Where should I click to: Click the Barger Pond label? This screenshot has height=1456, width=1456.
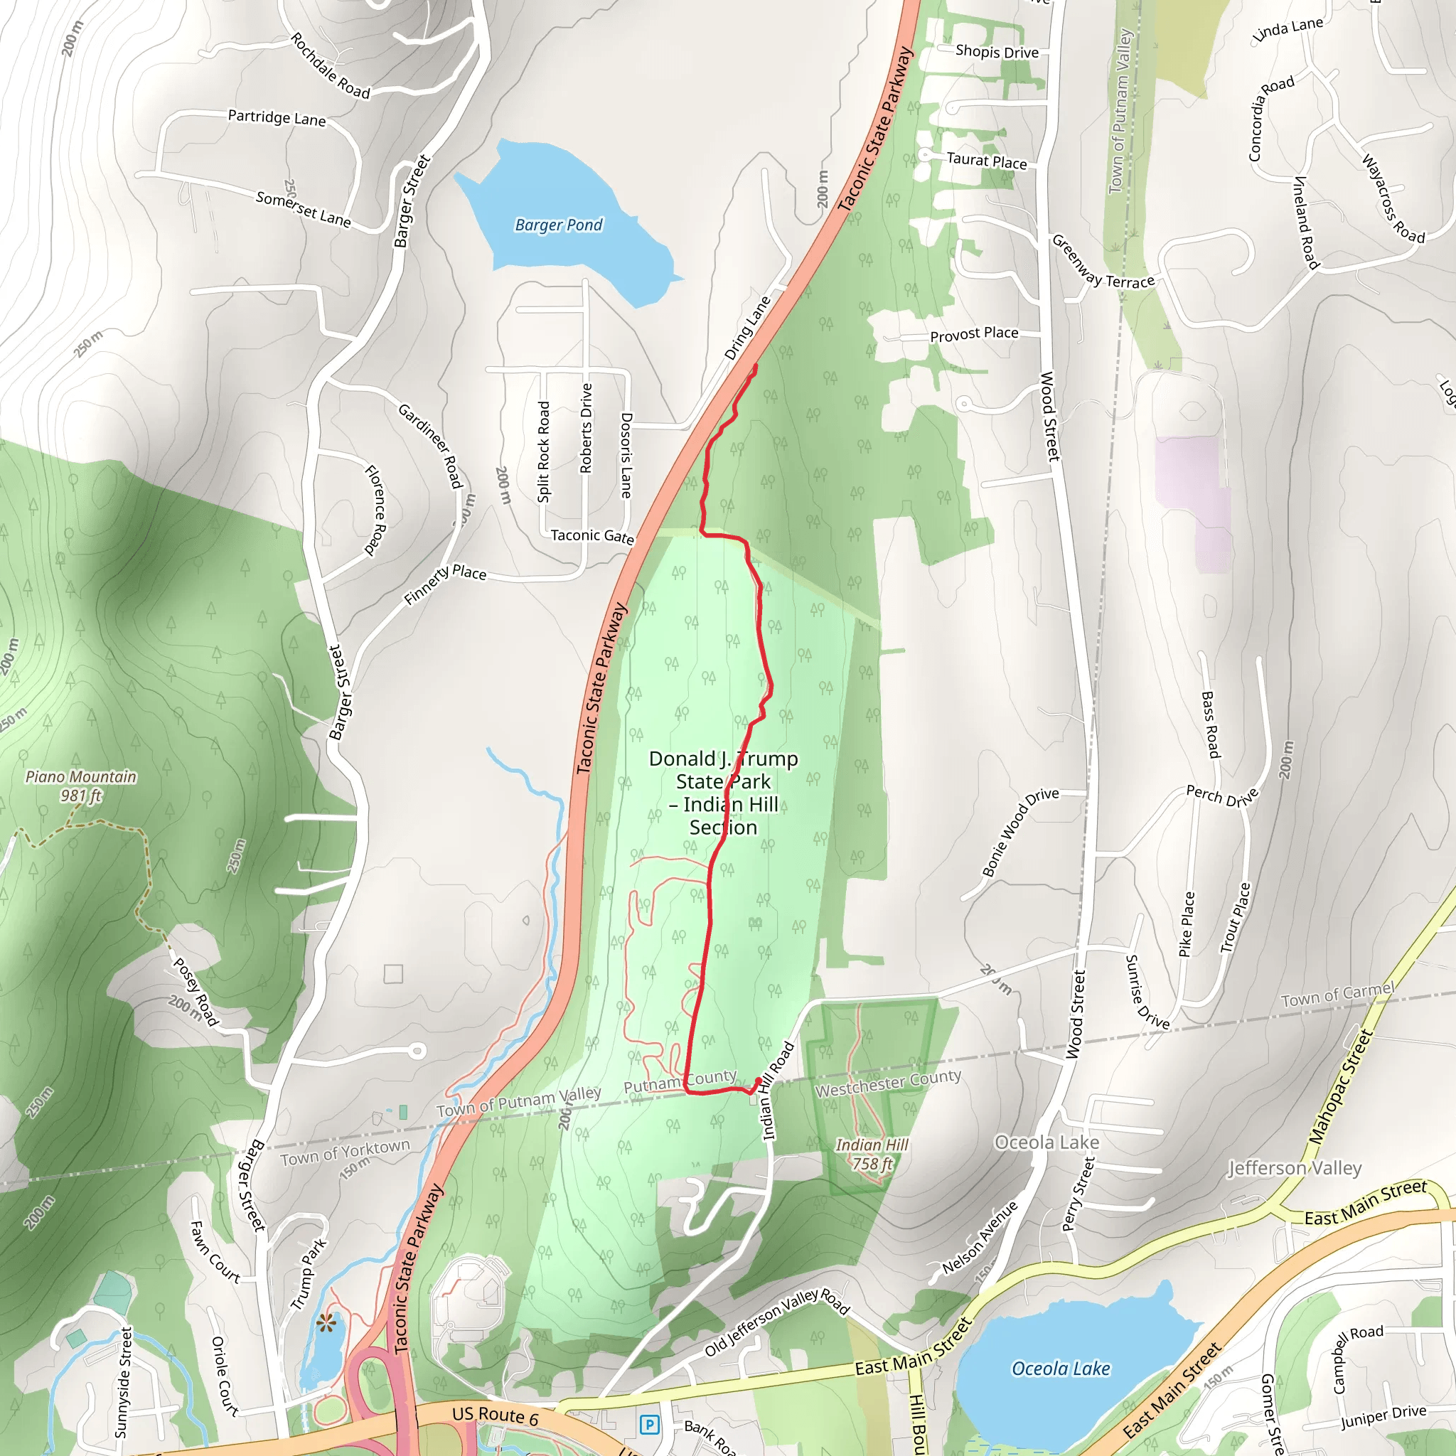click(x=558, y=225)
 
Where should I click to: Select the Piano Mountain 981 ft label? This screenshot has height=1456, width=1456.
click(x=81, y=786)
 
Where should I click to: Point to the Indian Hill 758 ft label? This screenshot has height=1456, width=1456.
click(x=872, y=1155)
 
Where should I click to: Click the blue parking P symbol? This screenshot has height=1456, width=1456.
click(x=649, y=1424)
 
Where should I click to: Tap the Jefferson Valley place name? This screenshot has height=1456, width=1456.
click(x=1295, y=1168)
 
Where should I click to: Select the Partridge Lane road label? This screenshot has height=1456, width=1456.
click(x=277, y=117)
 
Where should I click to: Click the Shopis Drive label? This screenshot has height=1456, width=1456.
click(x=996, y=51)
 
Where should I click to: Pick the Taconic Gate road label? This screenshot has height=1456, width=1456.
click(x=591, y=535)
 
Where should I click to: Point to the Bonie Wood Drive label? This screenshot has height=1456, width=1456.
click(x=1019, y=832)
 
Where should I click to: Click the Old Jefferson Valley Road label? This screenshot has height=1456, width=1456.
click(x=777, y=1322)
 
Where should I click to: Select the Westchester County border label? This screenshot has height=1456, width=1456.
click(x=888, y=1083)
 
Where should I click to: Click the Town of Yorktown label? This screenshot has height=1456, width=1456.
click(x=345, y=1152)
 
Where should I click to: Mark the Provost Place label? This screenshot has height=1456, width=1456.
click(x=974, y=334)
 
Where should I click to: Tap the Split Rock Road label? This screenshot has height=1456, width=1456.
click(x=543, y=451)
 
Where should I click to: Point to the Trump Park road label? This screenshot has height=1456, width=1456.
click(x=309, y=1273)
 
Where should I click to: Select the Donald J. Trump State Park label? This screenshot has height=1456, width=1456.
click(x=723, y=792)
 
